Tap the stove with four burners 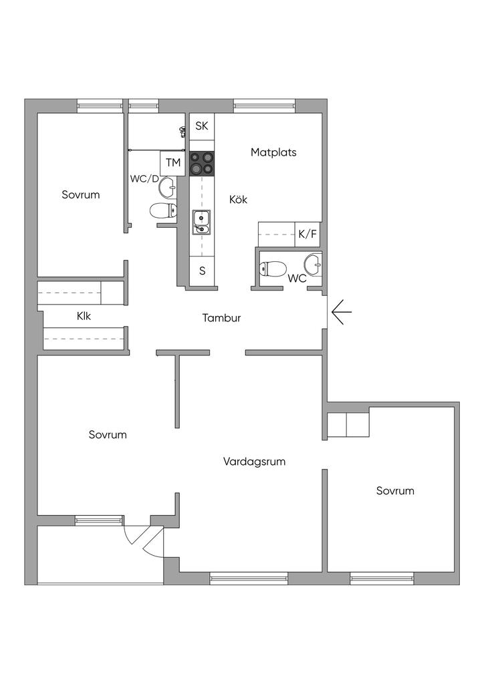coord(203,162)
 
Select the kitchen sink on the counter coord(201,222)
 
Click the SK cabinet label coord(202,126)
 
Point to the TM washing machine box coord(173,162)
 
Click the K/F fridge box coord(308,234)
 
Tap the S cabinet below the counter coord(202,272)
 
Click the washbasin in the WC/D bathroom coord(168,188)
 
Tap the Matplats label coord(273,152)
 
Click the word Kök coord(238,199)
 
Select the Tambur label coord(221,318)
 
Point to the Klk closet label coord(84,316)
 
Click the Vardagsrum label coord(255,461)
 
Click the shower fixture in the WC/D coord(182,130)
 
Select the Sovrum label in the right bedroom coord(394,490)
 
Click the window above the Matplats coord(264,104)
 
